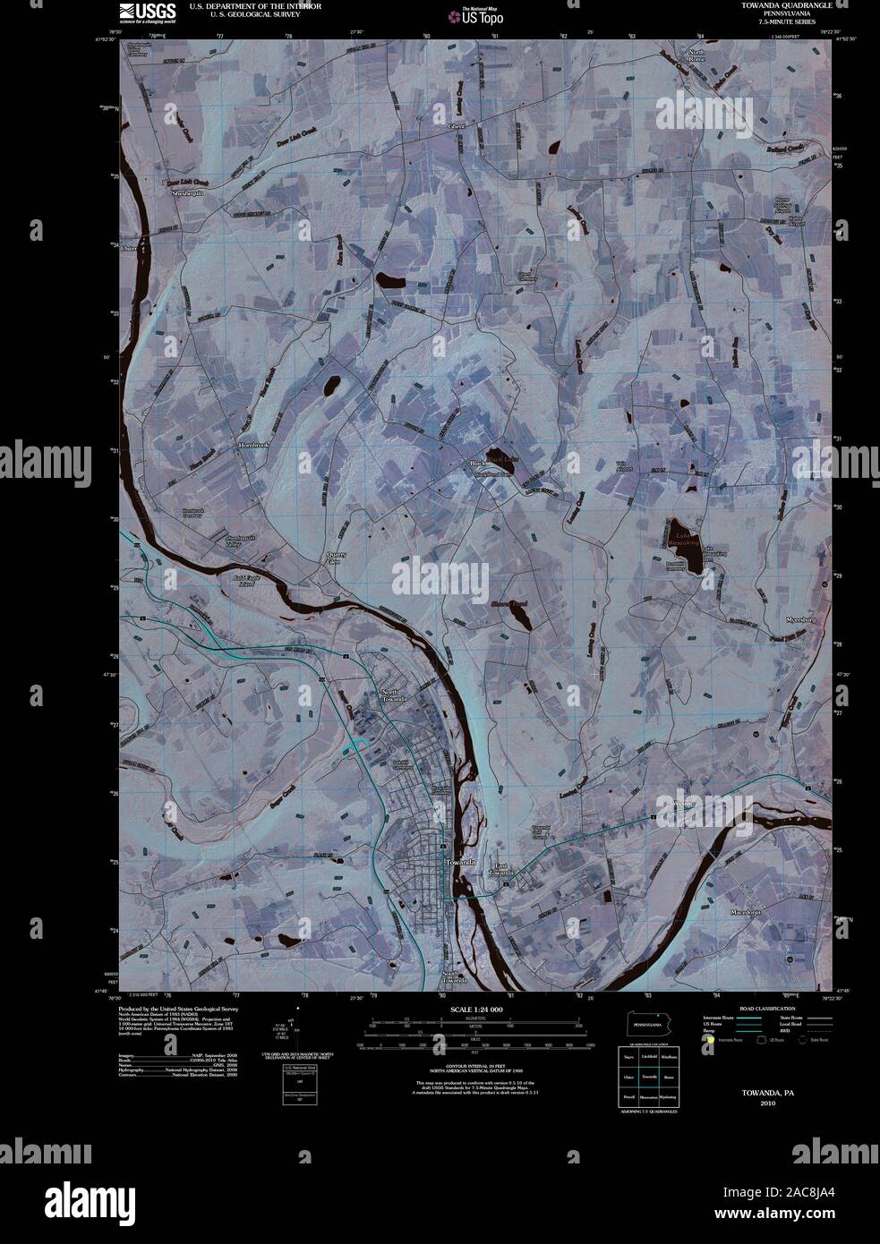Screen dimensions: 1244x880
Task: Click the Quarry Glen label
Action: pyautogui.click(x=335, y=558)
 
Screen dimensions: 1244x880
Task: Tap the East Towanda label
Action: pyautogui.click(x=501, y=868)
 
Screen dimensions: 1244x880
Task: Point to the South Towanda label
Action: pyautogui.click(x=455, y=978)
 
